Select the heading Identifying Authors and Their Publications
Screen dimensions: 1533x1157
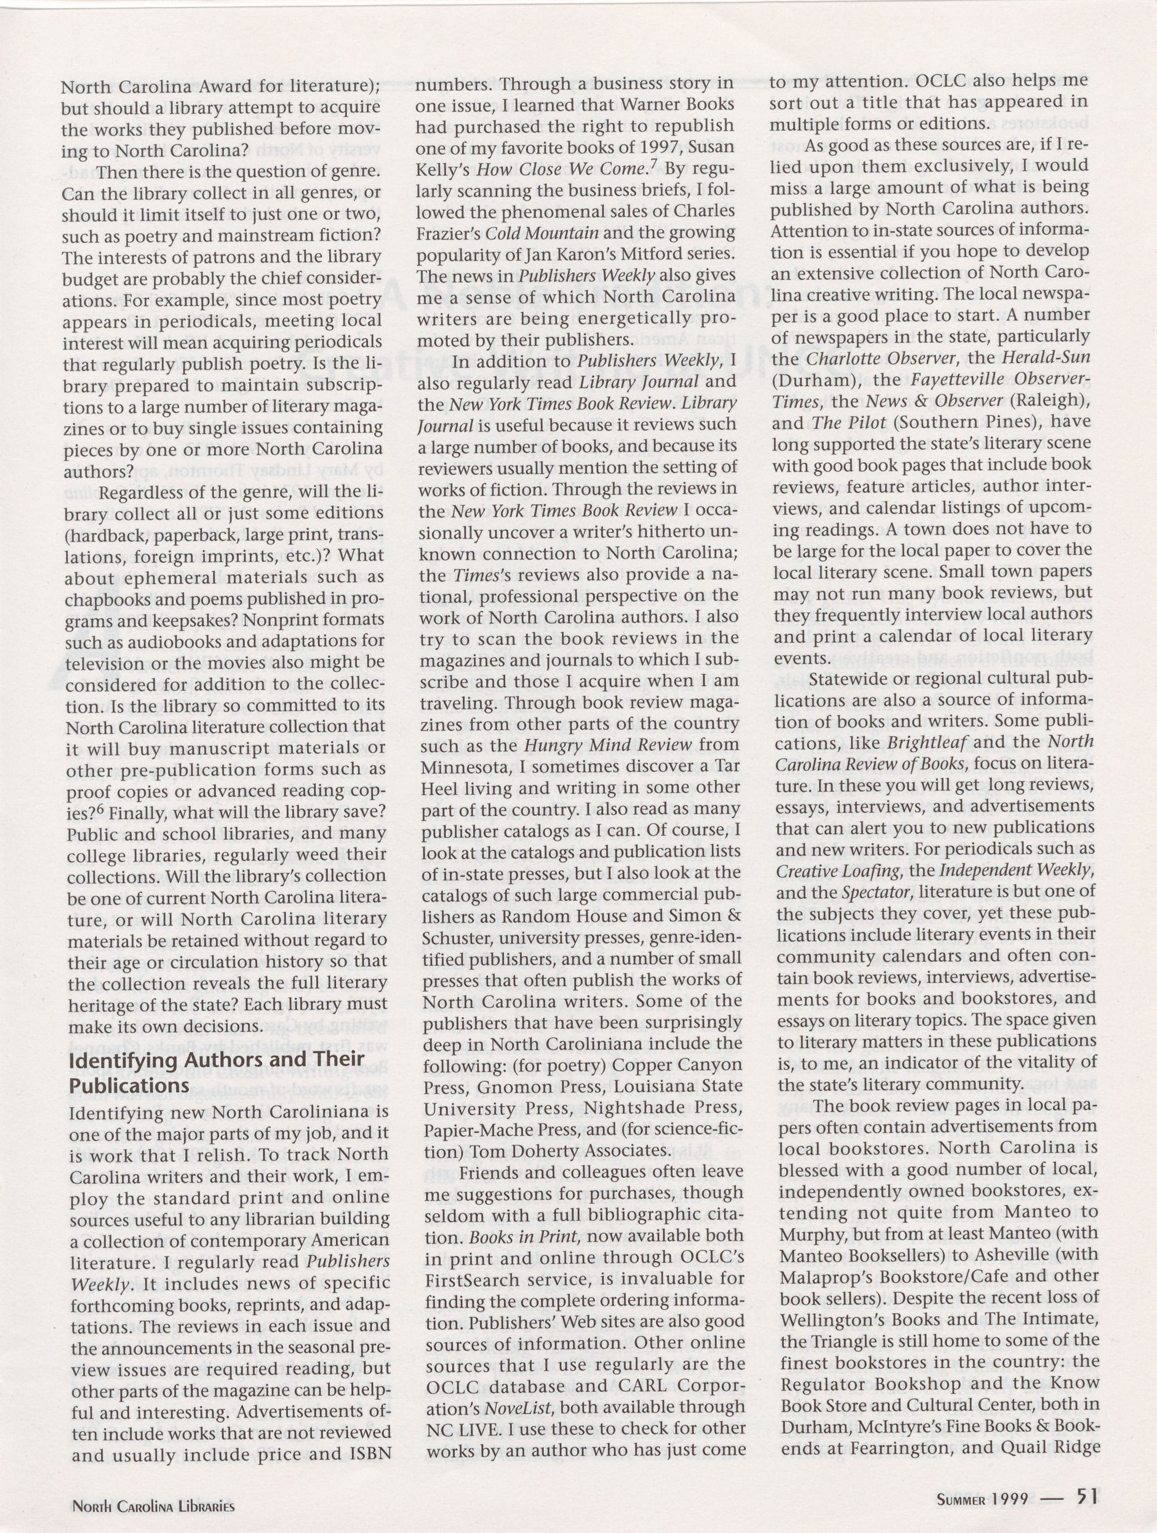pyautogui.click(x=216, y=1071)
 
